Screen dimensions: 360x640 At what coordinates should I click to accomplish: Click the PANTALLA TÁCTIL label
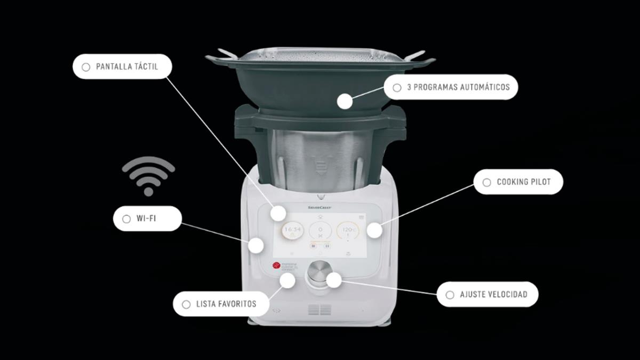pos(122,67)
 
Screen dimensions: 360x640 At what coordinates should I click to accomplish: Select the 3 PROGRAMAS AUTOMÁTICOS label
pos(451,87)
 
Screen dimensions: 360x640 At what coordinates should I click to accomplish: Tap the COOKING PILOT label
pos(518,182)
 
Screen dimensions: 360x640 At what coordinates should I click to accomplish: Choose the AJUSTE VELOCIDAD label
pos(487,294)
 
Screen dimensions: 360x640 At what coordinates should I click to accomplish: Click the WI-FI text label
pos(147,219)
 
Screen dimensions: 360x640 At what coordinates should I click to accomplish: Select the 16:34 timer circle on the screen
pos(292,230)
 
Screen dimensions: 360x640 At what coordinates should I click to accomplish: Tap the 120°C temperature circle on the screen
pos(348,230)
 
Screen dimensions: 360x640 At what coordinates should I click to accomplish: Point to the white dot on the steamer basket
pos(345,101)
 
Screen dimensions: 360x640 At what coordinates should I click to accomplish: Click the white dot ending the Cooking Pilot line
pos(374,230)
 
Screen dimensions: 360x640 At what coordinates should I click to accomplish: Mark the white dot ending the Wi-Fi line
pos(257,245)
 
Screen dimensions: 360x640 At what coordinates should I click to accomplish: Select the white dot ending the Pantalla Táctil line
pos(277,213)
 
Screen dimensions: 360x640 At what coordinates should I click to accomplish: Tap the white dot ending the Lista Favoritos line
pos(287,281)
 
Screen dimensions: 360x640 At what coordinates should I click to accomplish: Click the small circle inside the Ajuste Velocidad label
pos(450,294)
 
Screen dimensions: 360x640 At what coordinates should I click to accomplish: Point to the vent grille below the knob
pos(319,310)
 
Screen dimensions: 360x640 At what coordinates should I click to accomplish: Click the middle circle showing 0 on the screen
pos(320,230)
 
